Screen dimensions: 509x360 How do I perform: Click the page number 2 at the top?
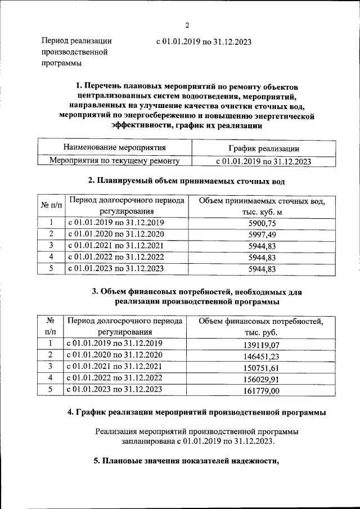[x=187, y=25]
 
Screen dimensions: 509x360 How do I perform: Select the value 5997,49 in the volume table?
[x=264, y=234]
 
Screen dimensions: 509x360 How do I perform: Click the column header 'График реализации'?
[x=263, y=148]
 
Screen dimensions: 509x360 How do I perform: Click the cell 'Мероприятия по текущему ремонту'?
[x=114, y=161]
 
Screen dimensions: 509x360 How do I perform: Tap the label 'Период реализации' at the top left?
[x=76, y=41]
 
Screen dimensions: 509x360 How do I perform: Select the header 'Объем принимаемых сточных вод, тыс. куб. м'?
[x=264, y=205]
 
